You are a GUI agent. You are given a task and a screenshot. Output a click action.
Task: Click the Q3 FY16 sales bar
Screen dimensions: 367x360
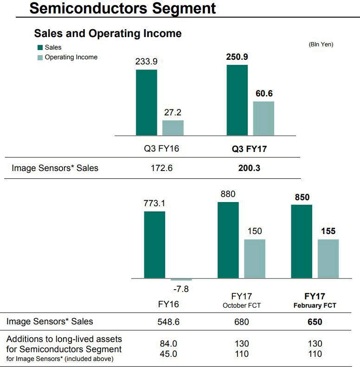(x=146, y=102)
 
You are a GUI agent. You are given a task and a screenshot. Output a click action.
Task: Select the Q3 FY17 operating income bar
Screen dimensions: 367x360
(x=264, y=118)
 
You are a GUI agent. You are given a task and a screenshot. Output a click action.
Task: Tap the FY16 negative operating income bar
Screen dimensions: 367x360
(x=181, y=279)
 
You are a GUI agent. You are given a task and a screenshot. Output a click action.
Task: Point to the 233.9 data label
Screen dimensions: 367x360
(x=146, y=62)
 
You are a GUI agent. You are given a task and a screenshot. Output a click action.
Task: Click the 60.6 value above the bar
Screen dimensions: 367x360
(x=264, y=93)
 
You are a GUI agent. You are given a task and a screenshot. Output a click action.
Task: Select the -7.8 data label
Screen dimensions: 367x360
(x=181, y=289)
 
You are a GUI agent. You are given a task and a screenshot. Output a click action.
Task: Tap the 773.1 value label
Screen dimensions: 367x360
(x=154, y=203)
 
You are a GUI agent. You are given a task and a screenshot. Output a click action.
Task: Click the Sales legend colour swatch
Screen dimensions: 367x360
(x=40, y=47)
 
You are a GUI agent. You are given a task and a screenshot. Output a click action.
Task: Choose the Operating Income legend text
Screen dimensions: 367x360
(x=71, y=57)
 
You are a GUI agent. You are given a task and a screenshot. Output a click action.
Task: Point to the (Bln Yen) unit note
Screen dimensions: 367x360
(x=321, y=44)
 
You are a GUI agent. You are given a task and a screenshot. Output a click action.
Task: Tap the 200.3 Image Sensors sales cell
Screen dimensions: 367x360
(x=246, y=168)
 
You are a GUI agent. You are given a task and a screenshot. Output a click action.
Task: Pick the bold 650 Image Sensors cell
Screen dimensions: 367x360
(x=315, y=322)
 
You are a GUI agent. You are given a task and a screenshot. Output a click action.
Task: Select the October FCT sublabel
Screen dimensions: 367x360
(x=241, y=305)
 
